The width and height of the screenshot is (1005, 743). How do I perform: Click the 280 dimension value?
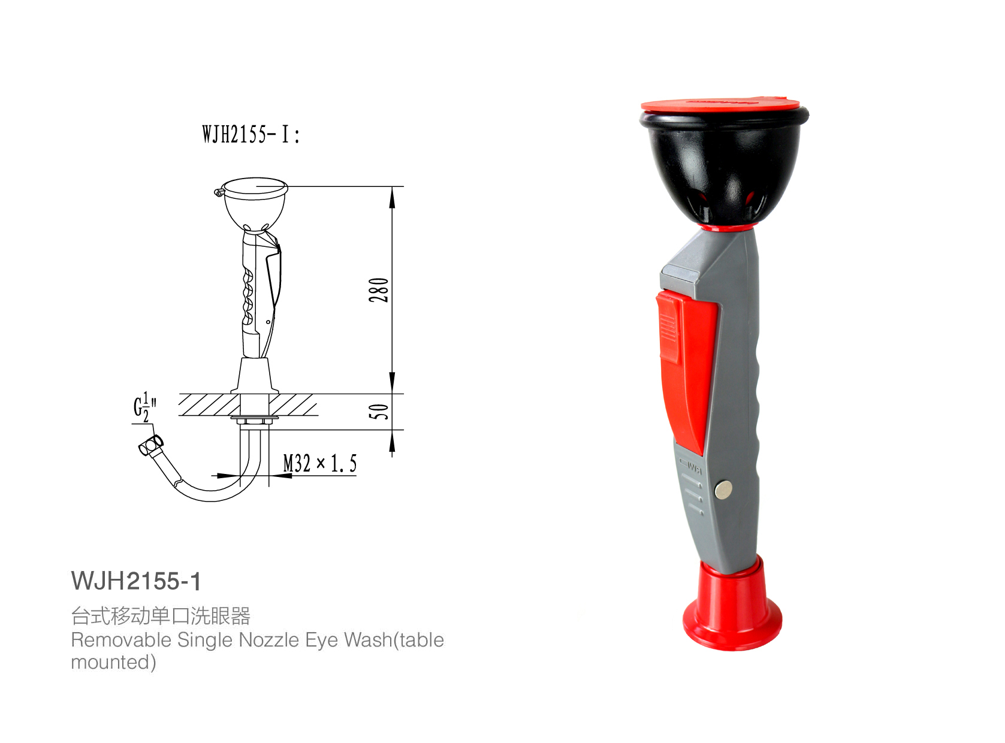(379, 290)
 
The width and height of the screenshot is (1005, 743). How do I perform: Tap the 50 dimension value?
(379, 412)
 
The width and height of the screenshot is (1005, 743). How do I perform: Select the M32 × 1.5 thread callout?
(319, 463)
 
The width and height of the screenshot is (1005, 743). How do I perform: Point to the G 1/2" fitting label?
(144, 407)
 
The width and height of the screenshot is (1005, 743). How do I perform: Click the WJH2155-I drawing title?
(251, 134)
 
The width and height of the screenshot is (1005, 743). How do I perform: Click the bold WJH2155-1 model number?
(136, 581)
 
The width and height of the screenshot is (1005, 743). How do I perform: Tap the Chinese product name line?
(161, 616)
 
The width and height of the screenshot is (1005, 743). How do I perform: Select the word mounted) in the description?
(113, 662)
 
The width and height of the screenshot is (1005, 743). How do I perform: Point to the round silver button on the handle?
(723, 490)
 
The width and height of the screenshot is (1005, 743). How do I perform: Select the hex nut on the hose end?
(150, 445)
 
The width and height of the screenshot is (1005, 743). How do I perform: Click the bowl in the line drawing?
(254, 204)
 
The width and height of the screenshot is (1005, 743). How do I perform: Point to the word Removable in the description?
(121, 640)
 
